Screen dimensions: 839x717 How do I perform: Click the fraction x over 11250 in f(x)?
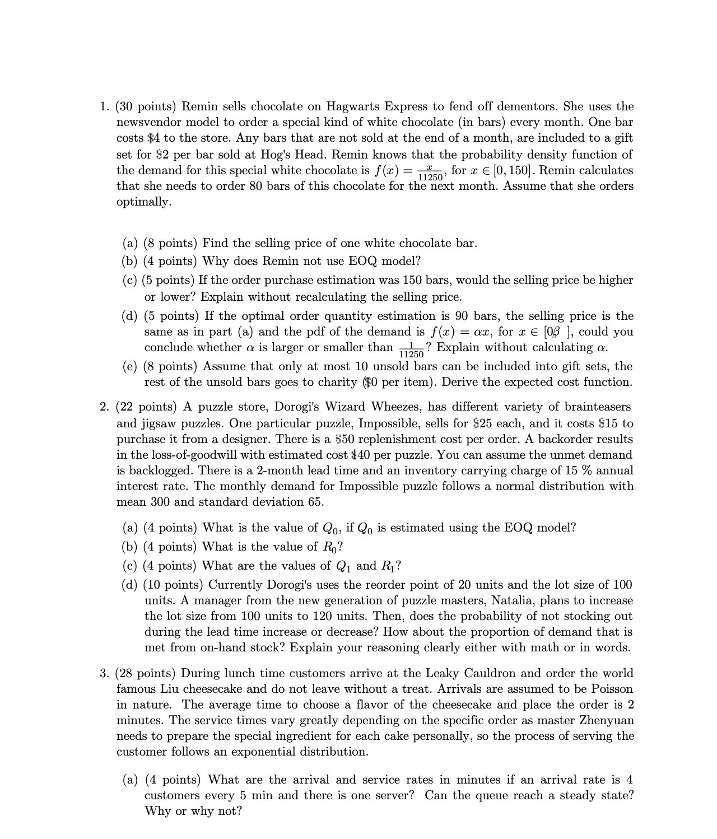pyautogui.click(x=430, y=173)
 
